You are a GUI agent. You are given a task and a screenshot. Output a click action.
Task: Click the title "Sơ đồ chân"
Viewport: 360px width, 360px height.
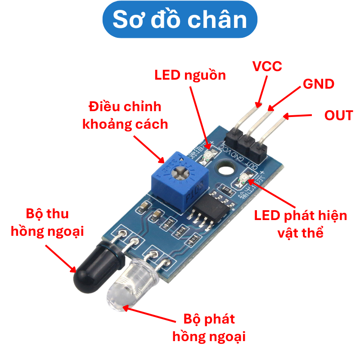pos(180,20)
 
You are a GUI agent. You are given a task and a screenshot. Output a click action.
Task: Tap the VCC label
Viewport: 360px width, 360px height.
pos(267,66)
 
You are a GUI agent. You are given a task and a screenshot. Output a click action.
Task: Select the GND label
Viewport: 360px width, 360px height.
pos(318,84)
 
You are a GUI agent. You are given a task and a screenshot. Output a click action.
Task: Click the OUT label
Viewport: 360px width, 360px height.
pos(338,115)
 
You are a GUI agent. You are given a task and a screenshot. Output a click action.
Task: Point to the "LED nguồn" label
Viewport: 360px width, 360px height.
pos(190,75)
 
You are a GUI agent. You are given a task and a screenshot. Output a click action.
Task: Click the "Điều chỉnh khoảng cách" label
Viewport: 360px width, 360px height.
pos(125,115)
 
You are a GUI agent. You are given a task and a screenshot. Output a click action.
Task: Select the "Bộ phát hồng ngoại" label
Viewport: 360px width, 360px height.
pos(209,328)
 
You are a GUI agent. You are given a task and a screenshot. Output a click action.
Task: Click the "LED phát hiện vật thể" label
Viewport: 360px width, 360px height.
pos(301,224)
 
